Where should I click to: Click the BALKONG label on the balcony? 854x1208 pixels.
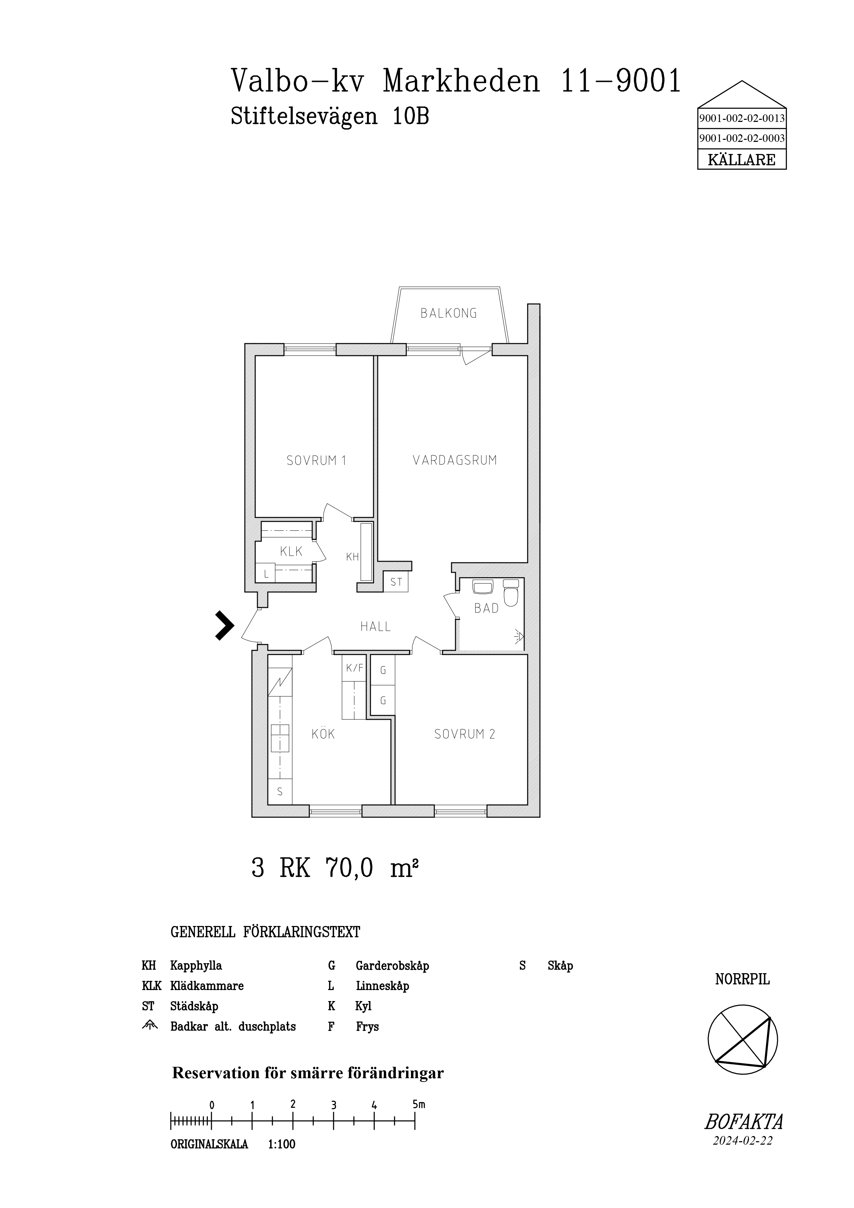click(x=448, y=314)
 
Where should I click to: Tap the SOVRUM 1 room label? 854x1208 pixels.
click(x=316, y=461)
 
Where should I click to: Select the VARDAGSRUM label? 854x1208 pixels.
click(x=455, y=460)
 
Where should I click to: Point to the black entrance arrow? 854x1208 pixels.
click(x=225, y=625)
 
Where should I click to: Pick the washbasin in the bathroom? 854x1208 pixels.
click(x=483, y=587)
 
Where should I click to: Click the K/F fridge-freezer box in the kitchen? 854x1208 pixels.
click(x=354, y=668)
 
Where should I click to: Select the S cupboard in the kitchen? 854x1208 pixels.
click(x=280, y=791)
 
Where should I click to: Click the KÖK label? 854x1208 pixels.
click(x=323, y=734)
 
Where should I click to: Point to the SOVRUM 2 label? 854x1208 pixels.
click(x=465, y=734)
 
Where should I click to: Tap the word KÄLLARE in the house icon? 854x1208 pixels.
click(x=741, y=160)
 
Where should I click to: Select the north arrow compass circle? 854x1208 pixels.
click(x=742, y=1040)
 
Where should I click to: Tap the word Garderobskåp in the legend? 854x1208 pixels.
click(x=392, y=966)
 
